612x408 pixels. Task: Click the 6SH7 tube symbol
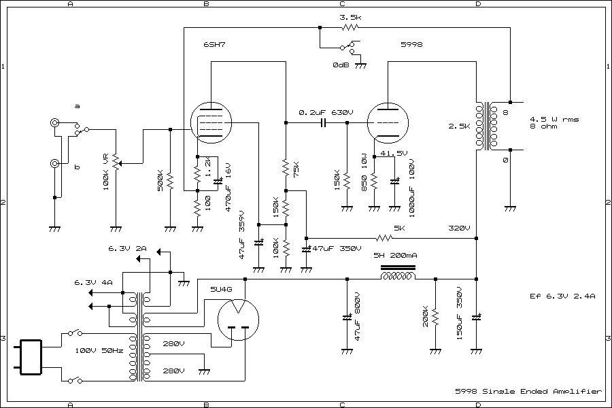coord(211,123)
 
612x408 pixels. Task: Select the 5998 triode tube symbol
coord(388,123)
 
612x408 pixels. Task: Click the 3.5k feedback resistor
coord(350,28)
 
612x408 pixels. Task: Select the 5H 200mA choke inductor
coord(398,277)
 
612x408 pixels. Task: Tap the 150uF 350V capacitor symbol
coord(476,318)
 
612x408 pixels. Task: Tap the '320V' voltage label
coord(460,228)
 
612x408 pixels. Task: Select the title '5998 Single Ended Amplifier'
coord(528,392)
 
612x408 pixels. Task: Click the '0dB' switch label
coord(342,65)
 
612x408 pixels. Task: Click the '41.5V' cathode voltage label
coord(394,153)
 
